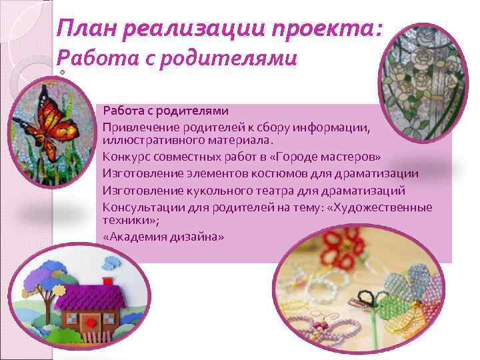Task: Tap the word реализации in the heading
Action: [194, 29]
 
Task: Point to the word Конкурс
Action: [125, 157]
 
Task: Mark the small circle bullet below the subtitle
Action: [62, 73]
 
